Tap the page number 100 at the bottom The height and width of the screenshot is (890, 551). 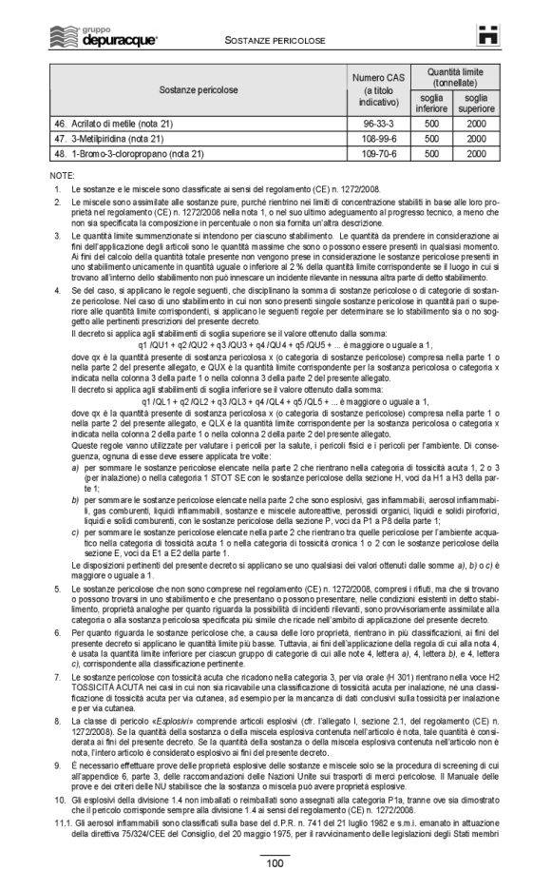tap(275, 863)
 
